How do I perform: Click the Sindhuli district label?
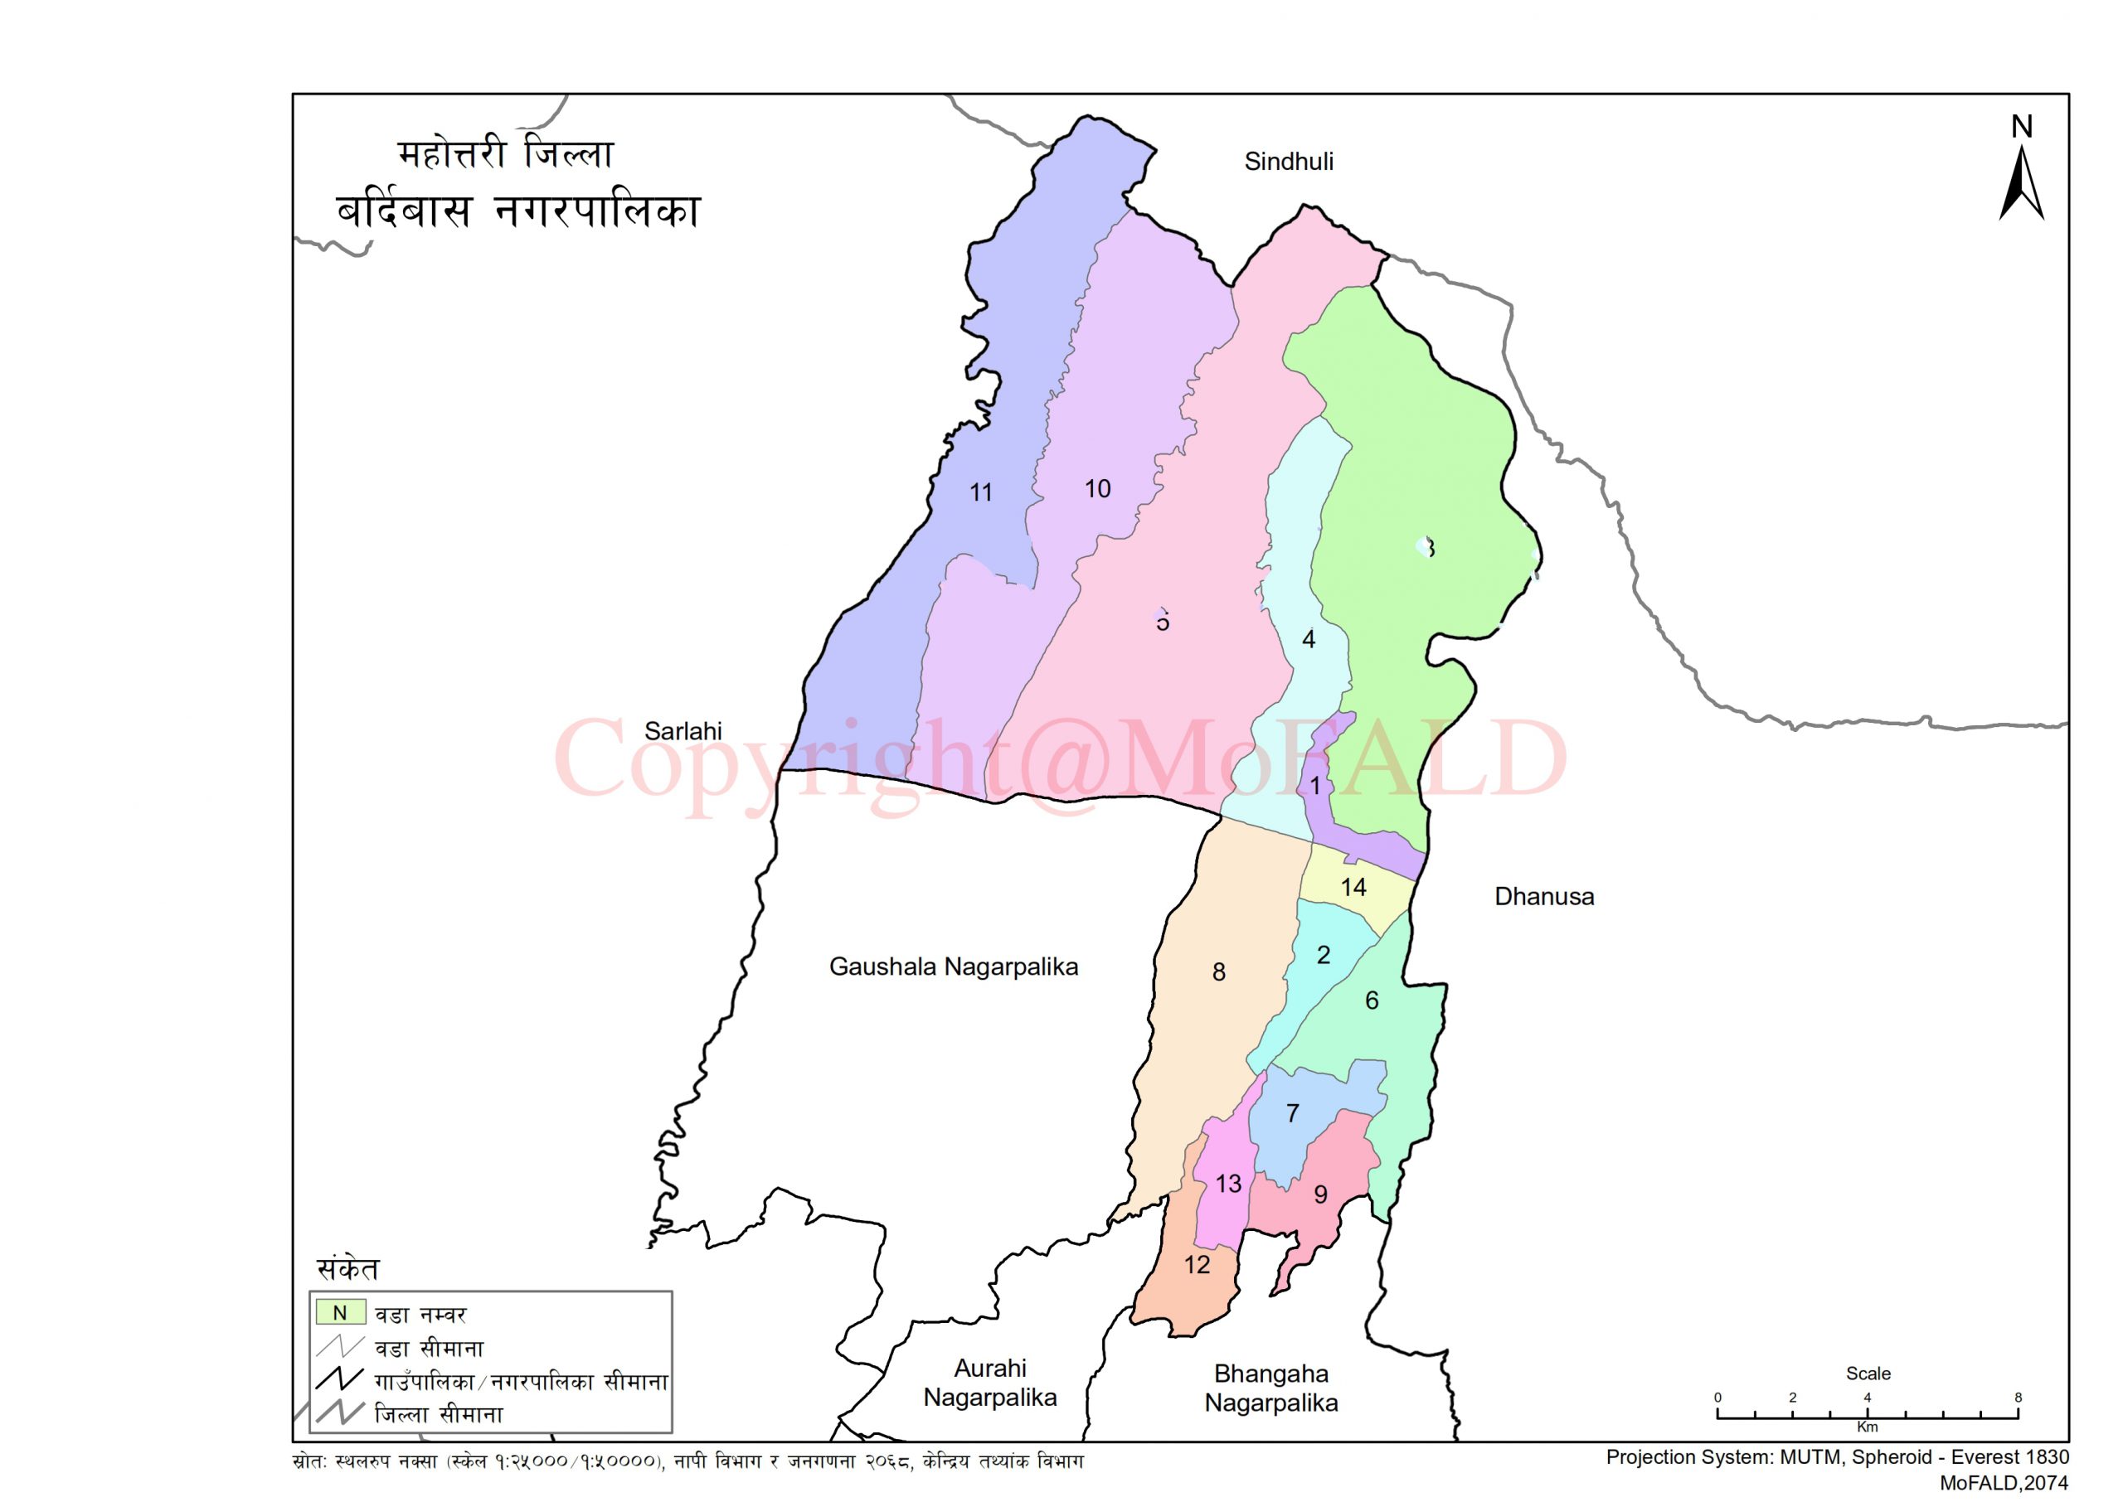1289,162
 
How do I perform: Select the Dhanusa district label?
1544,896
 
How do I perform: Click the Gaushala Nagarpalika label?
953,967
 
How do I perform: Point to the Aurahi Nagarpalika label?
990,1383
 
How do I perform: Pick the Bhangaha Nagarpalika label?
1270,1388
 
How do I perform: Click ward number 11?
980,493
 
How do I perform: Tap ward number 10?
1097,489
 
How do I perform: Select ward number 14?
1353,888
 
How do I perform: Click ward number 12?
1196,1265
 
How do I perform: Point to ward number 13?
1227,1184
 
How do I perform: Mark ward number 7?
1292,1113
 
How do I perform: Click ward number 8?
1218,972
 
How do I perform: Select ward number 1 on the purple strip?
1314,786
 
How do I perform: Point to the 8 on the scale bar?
2018,1398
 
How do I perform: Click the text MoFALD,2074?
2003,1484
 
